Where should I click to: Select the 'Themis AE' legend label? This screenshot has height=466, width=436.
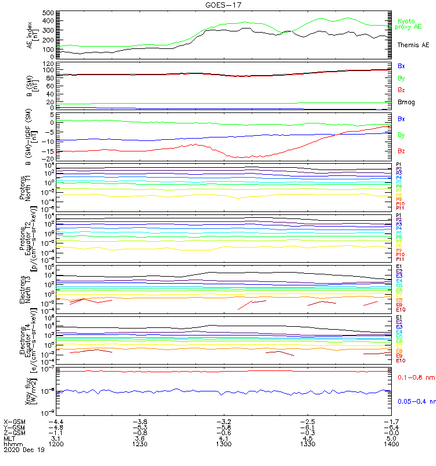pyautogui.click(x=414, y=45)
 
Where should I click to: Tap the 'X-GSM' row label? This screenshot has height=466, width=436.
pyautogui.click(x=13, y=421)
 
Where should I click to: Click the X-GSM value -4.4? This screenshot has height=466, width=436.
pyautogui.click(x=55, y=421)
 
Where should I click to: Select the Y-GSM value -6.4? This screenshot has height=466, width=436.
pyautogui.click(x=390, y=427)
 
